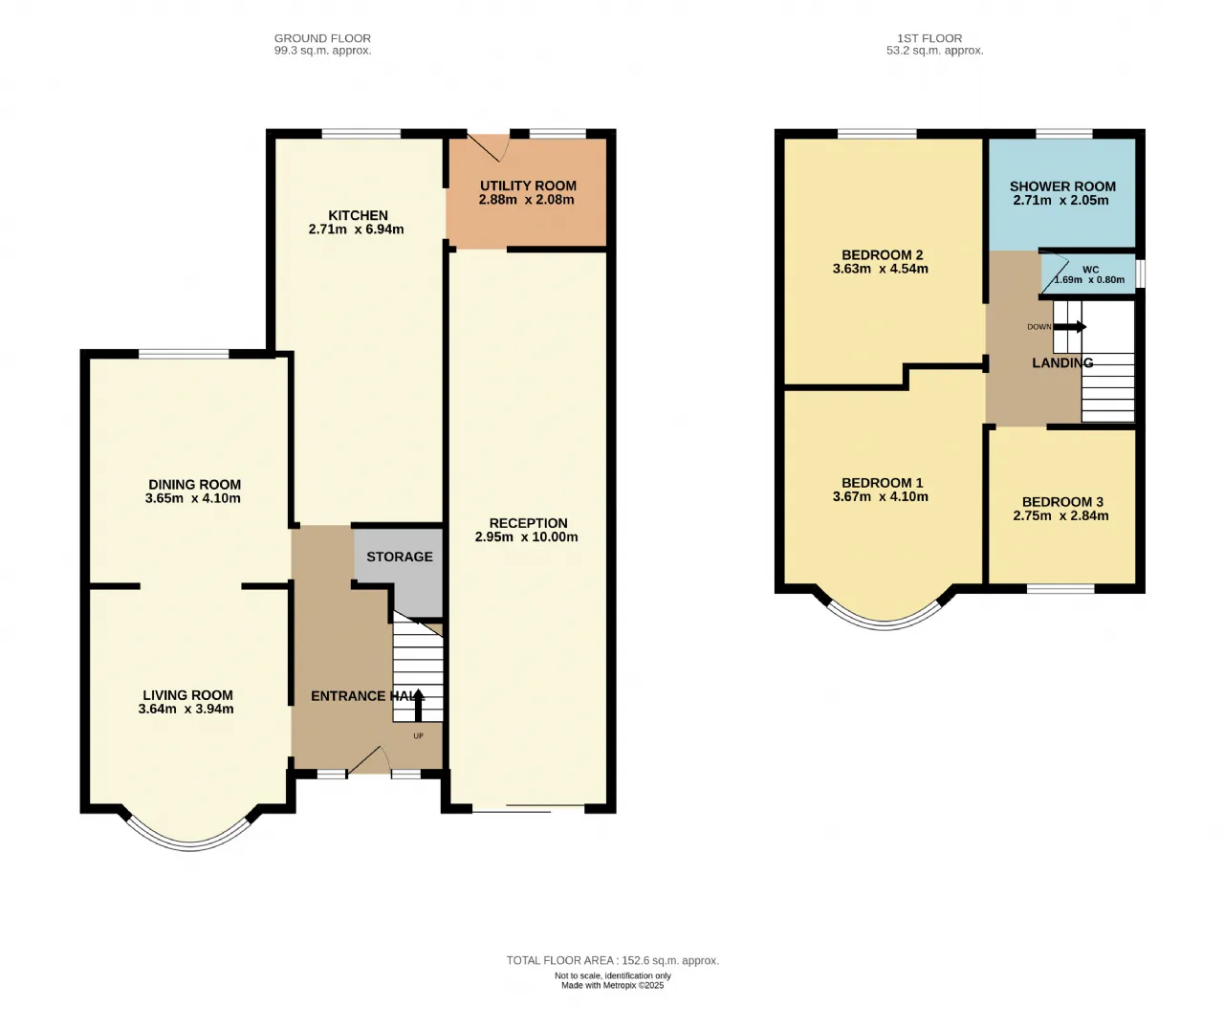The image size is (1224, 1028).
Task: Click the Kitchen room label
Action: pos(358,215)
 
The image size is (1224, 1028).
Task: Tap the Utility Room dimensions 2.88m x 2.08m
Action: pos(526,199)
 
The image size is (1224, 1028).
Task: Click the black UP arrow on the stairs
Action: pos(418,704)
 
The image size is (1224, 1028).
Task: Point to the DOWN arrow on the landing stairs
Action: pos(1070,327)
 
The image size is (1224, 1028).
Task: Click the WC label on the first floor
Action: pos(1090,270)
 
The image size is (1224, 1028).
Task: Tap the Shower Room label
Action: pos(1062,186)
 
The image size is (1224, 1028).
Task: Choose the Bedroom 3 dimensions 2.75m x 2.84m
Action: pos(1060,516)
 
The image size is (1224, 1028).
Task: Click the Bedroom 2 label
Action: pos(883,255)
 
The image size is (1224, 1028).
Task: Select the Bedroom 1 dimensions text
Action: pos(880,496)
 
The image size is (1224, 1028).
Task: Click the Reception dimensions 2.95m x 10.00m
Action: pos(526,537)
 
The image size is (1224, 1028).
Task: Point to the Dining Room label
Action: pos(195,485)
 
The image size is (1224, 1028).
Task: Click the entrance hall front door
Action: pos(370,760)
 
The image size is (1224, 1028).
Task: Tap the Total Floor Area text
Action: pos(613,960)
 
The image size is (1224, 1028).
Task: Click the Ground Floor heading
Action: pos(322,38)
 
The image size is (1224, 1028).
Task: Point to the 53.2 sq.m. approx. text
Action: pos(934,51)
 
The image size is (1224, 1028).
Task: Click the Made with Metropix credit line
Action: pos(613,985)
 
